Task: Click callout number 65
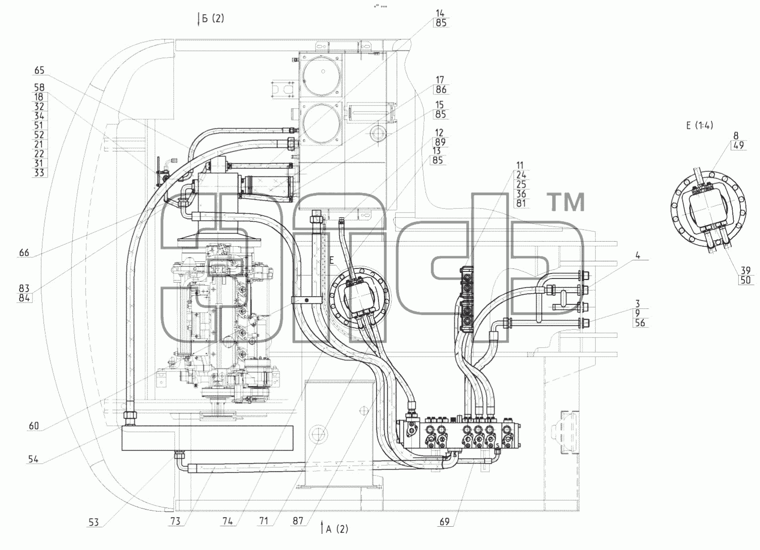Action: coord(39,70)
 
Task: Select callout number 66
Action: coord(24,253)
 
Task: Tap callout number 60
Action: coord(34,426)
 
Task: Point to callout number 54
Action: coord(33,460)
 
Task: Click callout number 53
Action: coord(93,522)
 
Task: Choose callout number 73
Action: coord(175,521)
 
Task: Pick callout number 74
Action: coord(228,521)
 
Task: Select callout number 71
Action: coord(264,521)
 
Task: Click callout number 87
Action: coord(298,521)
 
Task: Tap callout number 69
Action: coord(445,522)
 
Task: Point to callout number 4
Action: coord(638,255)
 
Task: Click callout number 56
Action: coord(640,323)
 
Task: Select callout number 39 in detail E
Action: coord(745,270)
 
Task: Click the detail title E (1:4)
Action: coord(699,125)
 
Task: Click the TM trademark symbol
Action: coord(565,202)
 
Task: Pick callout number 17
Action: coord(440,80)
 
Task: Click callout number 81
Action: coord(521,203)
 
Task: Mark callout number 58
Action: coord(39,87)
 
